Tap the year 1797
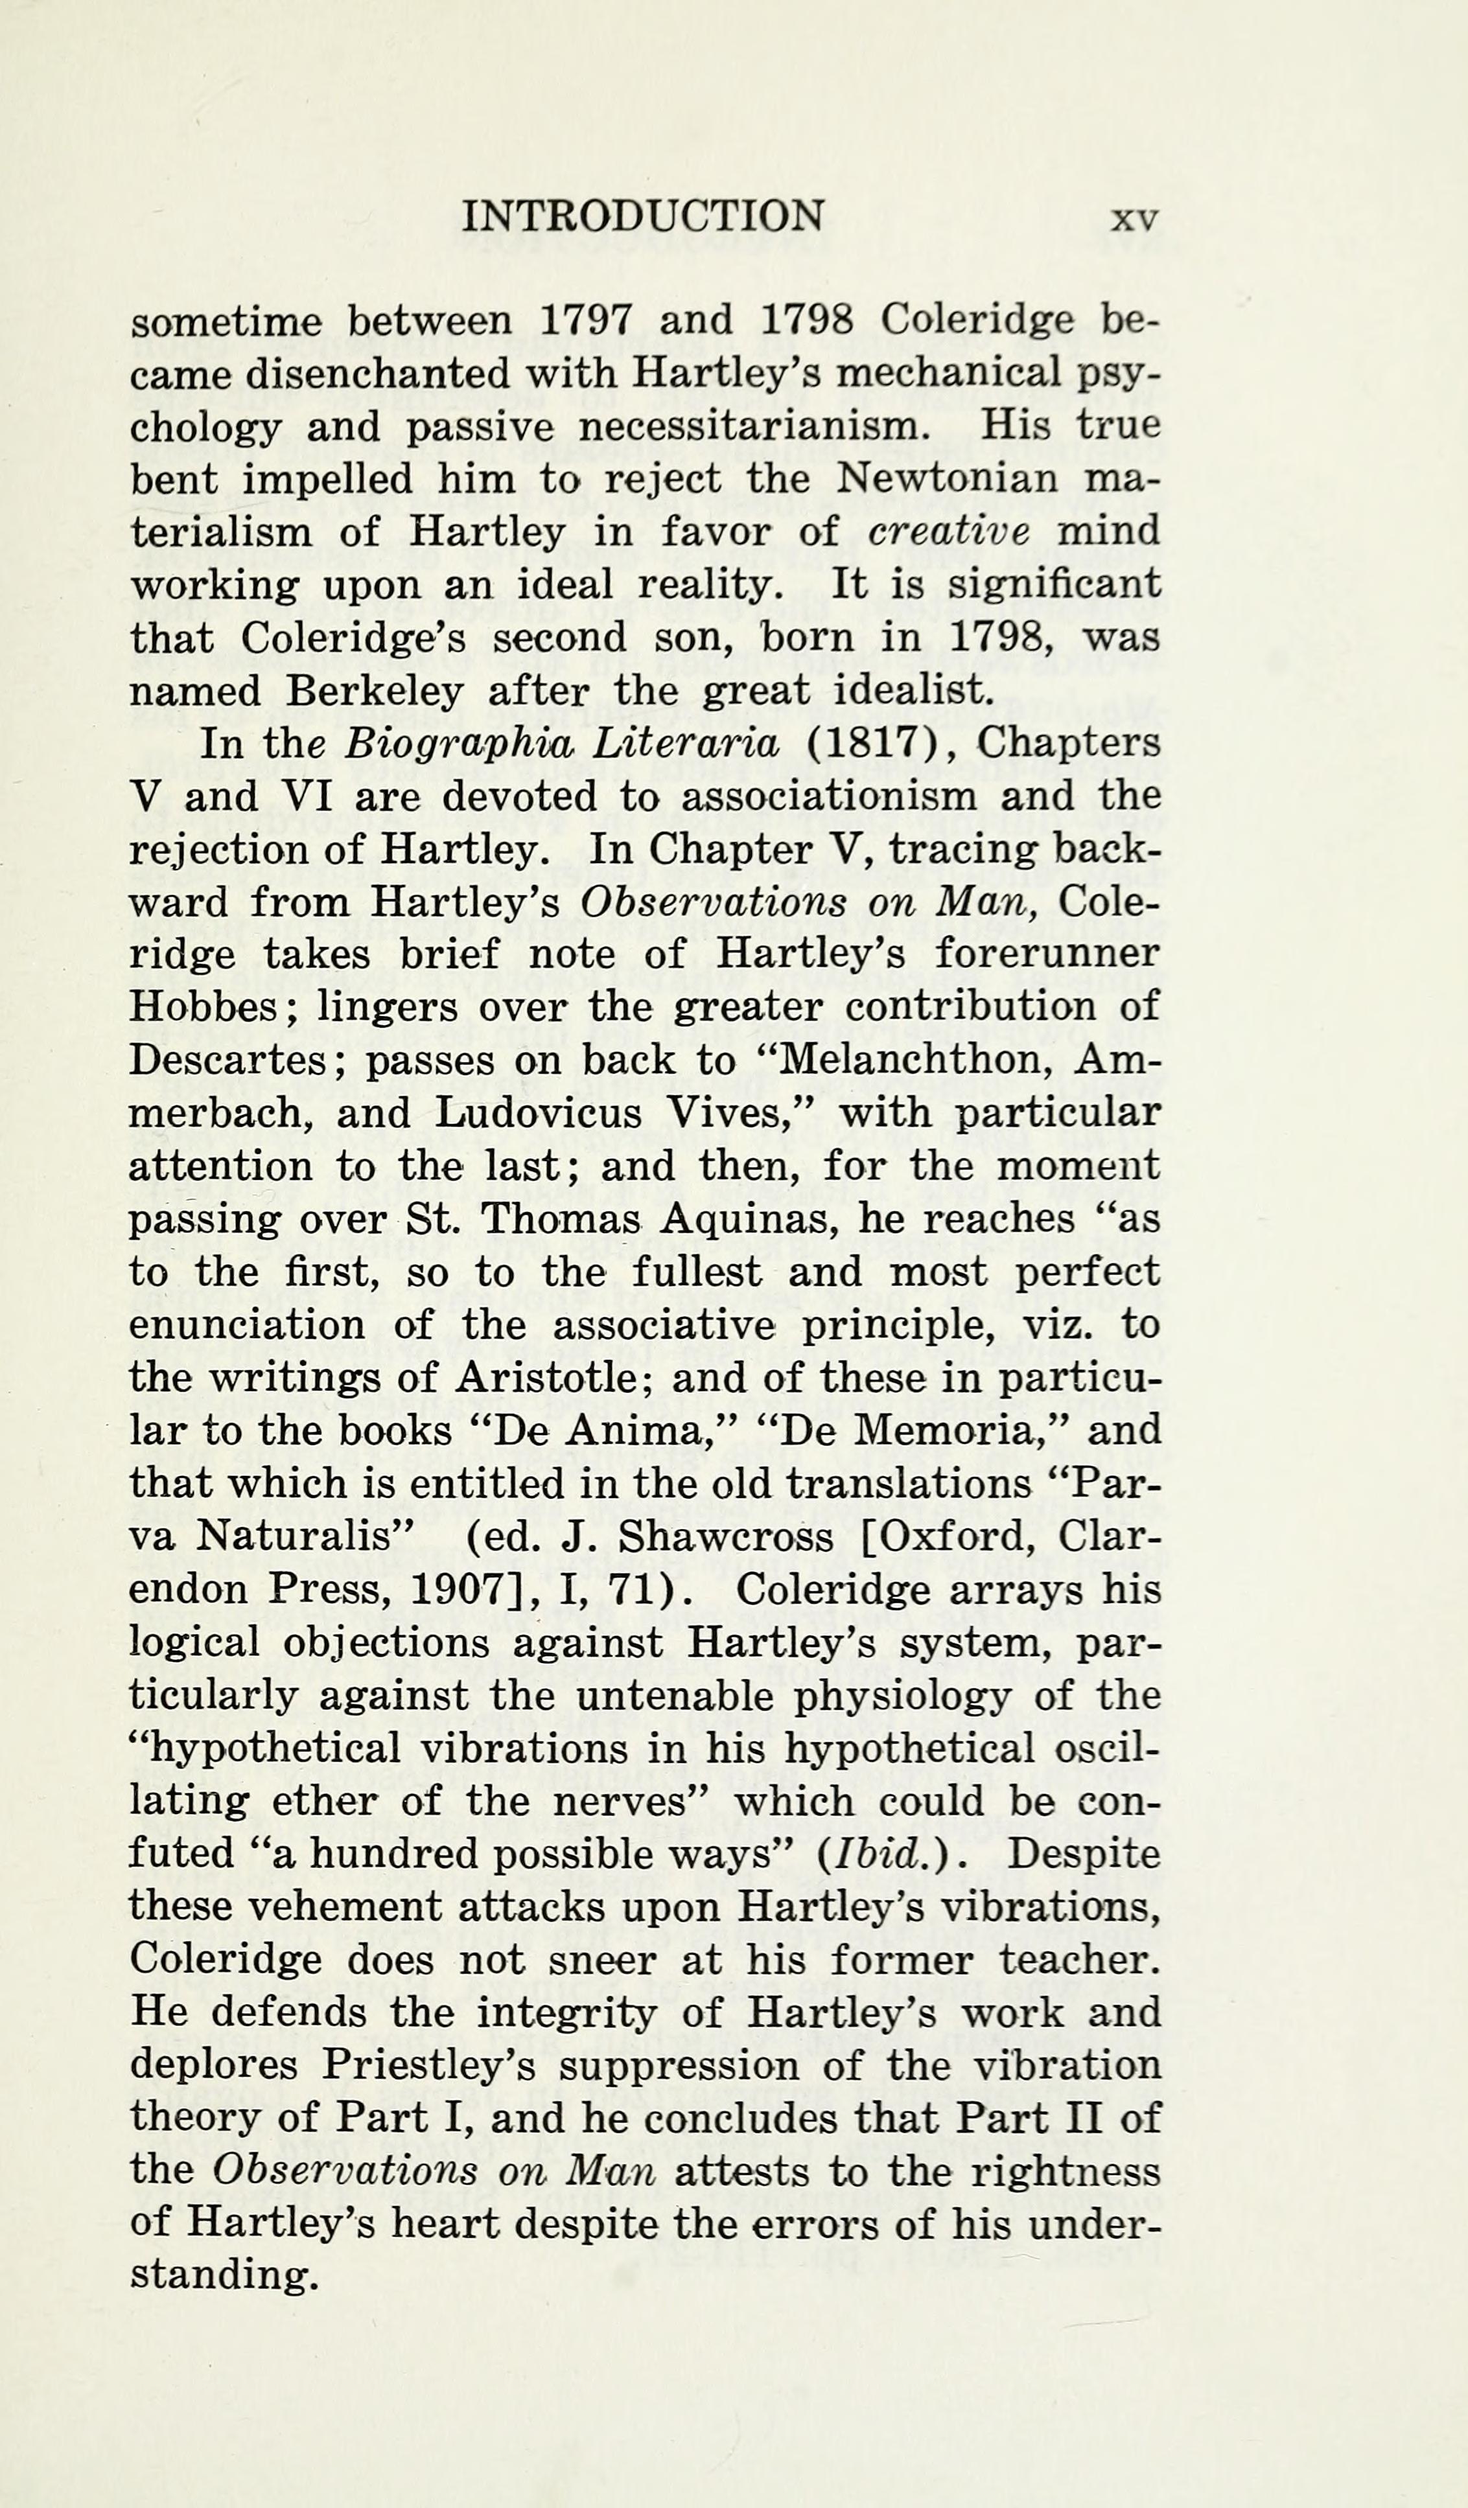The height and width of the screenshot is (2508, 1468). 584,321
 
